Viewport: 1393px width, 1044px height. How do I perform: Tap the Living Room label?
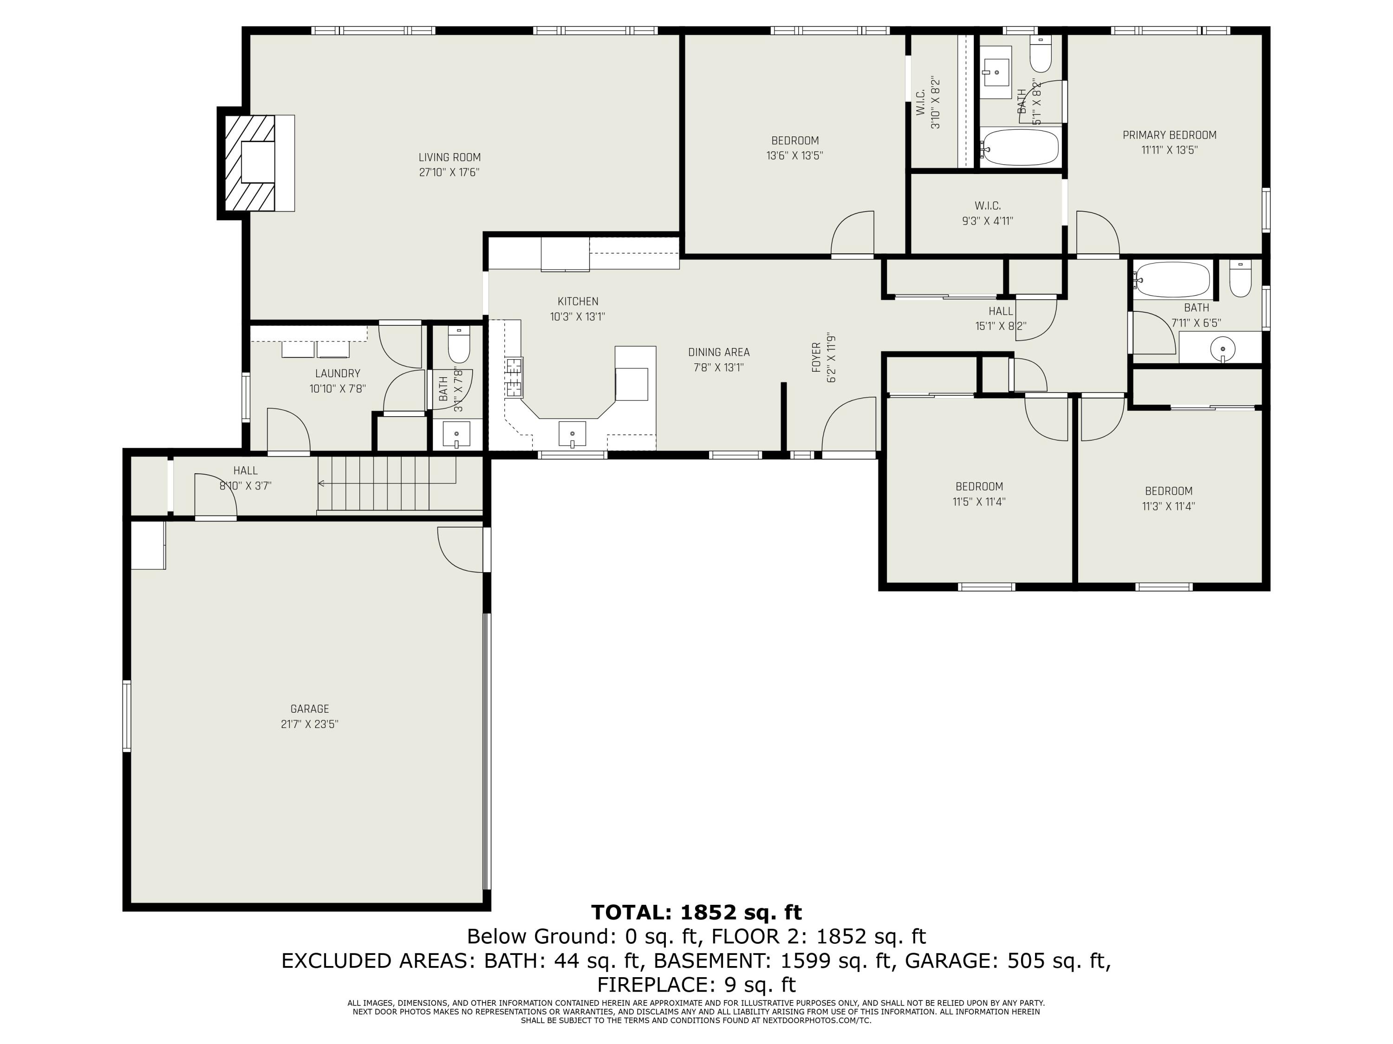click(449, 157)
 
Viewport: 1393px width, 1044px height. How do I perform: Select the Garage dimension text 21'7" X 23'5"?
click(309, 724)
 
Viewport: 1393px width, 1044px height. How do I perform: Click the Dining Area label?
click(718, 352)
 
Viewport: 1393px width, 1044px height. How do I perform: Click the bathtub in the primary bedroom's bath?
click(1020, 147)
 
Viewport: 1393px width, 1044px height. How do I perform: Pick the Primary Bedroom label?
click(1170, 135)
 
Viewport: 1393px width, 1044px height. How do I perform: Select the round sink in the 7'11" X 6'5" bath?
click(1222, 348)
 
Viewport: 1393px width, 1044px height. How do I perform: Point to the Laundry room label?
click(338, 373)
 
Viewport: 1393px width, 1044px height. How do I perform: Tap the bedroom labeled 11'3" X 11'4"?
click(1168, 498)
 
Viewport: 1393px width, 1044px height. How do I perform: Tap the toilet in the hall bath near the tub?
click(1240, 281)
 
